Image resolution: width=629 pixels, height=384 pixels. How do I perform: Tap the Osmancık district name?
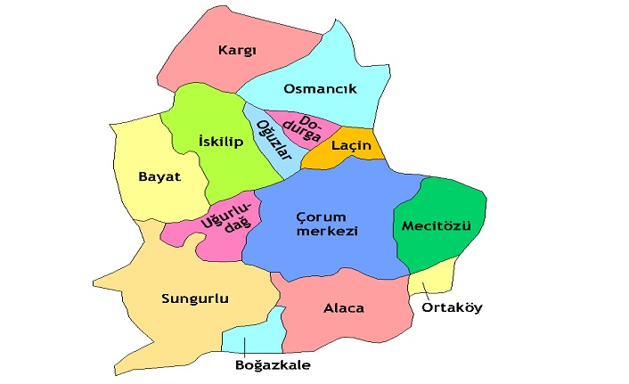tap(319, 89)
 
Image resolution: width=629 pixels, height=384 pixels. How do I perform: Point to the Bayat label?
tap(159, 176)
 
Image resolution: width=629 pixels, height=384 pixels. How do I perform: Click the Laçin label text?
tap(350, 145)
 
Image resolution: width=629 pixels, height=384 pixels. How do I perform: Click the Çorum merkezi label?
tap(326, 223)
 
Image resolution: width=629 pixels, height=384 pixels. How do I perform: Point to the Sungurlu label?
tap(194, 298)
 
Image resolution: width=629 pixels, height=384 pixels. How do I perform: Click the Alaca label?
tap(343, 308)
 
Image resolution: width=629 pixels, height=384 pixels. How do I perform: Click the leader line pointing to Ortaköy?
tap(427, 289)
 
